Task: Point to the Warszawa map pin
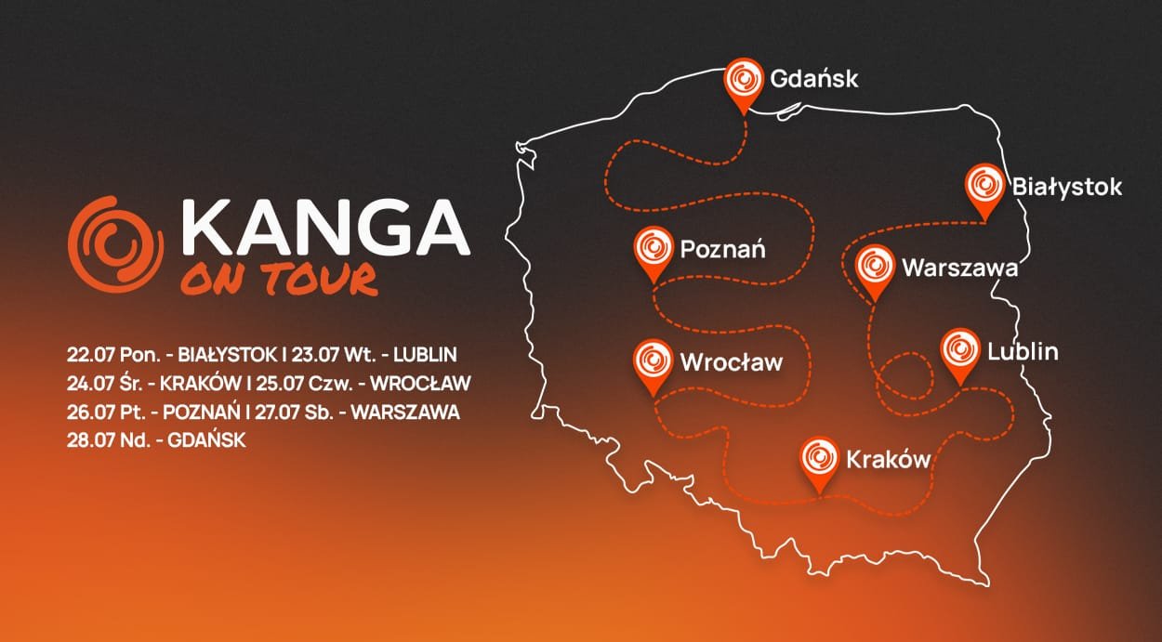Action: (x=874, y=268)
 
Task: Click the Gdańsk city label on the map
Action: (x=813, y=79)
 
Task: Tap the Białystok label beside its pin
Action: (x=1066, y=187)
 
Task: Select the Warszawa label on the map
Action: (x=959, y=269)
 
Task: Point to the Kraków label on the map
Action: (x=888, y=458)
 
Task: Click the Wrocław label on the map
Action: (x=732, y=361)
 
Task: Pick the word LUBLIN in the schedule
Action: (x=427, y=354)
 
